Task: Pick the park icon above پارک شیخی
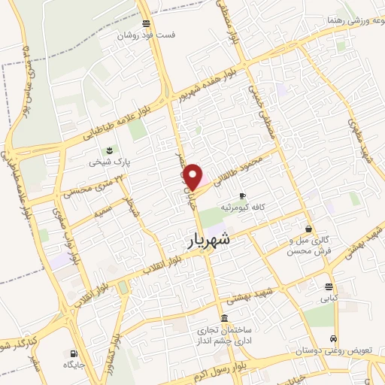[x=111, y=150]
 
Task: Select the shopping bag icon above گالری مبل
[x=309, y=229]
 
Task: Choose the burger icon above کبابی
[x=329, y=286]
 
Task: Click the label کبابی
[x=329, y=298]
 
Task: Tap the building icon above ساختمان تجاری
[x=224, y=318]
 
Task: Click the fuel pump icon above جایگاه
[x=72, y=353]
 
